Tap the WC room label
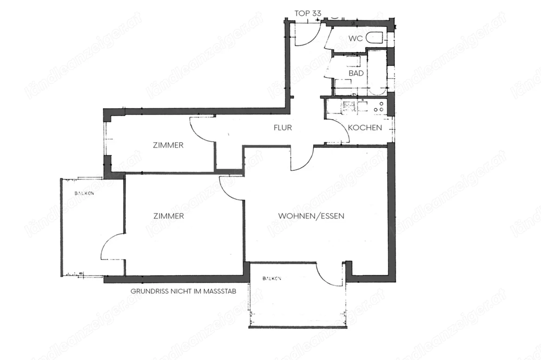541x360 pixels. pos(355,38)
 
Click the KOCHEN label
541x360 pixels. pos(365,128)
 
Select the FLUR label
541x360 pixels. pos(282,128)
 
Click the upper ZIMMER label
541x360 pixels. pos(168,145)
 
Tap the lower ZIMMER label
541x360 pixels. pos(168,216)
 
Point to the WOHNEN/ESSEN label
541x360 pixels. pos(311,216)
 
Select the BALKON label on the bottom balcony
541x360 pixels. pos(272,278)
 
